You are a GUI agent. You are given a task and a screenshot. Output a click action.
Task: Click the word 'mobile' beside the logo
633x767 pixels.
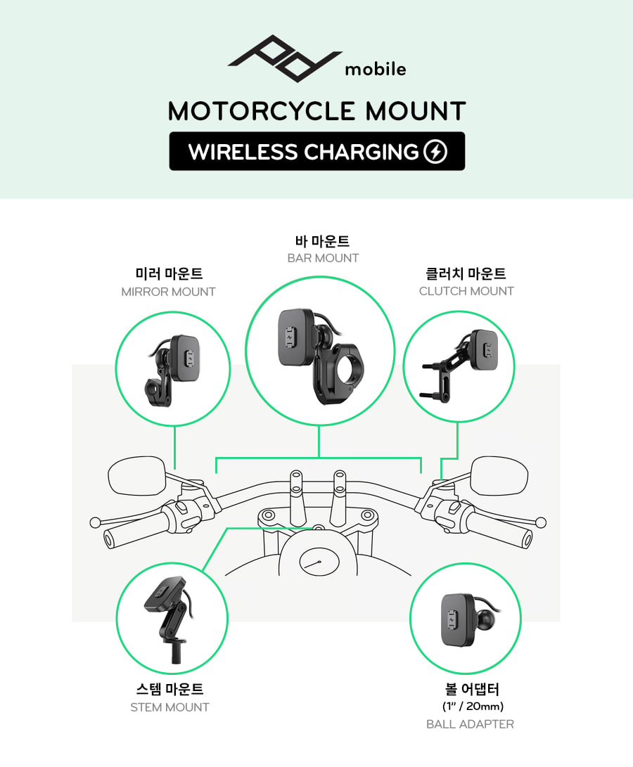(x=375, y=70)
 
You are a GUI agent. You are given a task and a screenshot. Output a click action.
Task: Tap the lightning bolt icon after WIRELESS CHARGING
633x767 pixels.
(x=435, y=152)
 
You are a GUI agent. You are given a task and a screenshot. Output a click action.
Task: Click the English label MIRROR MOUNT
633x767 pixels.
(x=168, y=292)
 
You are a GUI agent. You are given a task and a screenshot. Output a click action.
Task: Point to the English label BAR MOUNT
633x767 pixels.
(x=323, y=258)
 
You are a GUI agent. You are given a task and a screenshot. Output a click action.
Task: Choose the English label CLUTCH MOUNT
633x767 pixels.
(x=466, y=291)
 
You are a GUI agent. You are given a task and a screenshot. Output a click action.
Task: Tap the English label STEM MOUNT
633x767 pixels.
(x=170, y=707)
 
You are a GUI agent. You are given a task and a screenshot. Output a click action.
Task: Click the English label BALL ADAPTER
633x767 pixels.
(x=470, y=724)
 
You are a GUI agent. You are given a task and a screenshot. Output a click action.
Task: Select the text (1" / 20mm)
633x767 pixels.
(x=470, y=706)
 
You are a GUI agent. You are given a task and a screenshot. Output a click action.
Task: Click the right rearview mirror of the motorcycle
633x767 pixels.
(x=498, y=476)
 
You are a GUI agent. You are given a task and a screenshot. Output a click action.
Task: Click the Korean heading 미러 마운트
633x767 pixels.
(x=168, y=273)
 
